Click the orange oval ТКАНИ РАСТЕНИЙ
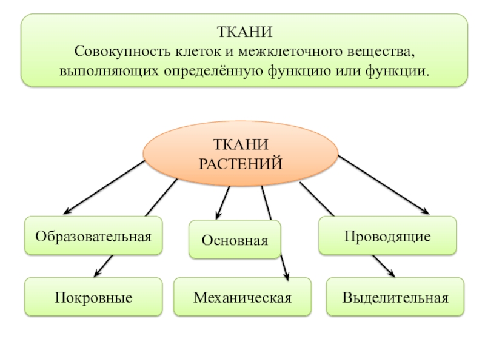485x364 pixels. [240, 153]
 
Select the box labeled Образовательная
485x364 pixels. [93, 235]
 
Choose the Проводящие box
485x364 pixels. [387, 235]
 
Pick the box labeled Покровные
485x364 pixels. [93, 297]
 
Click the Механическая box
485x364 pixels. [242, 297]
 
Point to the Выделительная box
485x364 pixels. [395, 297]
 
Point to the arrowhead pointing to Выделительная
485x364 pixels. [390, 274]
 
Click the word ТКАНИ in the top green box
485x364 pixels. [244, 31]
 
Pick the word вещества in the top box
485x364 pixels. [375, 51]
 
